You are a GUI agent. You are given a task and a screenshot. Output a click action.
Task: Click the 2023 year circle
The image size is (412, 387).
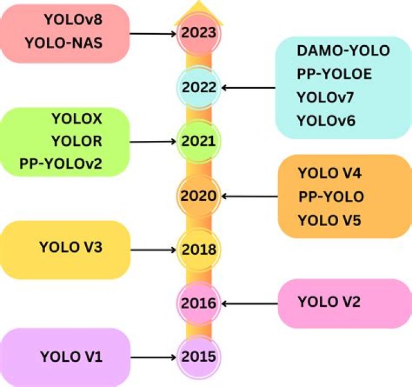click(199, 34)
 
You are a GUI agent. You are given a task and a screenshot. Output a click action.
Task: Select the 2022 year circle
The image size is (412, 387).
click(199, 88)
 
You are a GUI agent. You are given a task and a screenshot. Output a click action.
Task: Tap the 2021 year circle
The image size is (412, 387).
click(199, 141)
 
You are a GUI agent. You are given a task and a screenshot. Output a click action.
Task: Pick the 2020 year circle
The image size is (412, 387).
click(199, 196)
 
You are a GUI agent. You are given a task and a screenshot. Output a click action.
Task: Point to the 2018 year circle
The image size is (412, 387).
click(199, 250)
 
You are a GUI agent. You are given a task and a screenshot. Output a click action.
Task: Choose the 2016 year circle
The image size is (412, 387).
click(199, 303)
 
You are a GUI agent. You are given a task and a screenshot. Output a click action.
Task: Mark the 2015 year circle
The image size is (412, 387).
click(199, 357)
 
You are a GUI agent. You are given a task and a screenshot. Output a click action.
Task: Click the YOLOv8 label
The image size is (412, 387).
click(73, 19)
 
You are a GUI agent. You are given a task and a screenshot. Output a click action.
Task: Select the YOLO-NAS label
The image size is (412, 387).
click(64, 43)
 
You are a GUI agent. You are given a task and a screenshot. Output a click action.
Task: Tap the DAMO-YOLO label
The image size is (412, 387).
click(343, 50)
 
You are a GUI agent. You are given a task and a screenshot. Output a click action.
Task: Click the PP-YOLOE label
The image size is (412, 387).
click(334, 74)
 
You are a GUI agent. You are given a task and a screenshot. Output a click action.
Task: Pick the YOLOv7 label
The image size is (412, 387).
click(325, 97)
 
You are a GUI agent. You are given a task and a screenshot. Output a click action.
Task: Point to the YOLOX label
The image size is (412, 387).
click(77, 119)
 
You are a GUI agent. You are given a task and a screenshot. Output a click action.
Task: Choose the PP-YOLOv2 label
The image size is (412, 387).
click(61, 164)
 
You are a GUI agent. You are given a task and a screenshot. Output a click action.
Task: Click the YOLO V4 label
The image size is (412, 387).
click(330, 173)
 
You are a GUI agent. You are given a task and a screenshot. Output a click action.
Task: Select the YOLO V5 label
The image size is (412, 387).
click(330, 220)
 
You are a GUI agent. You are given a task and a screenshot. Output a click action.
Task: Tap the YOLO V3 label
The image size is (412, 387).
click(71, 247)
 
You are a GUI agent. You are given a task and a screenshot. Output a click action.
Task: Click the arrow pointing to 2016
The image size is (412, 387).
click(250, 303)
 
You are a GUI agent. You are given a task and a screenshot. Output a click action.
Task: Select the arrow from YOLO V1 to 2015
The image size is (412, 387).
click(153, 357)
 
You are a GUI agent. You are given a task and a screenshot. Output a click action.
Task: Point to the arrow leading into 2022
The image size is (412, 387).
click(248, 88)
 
